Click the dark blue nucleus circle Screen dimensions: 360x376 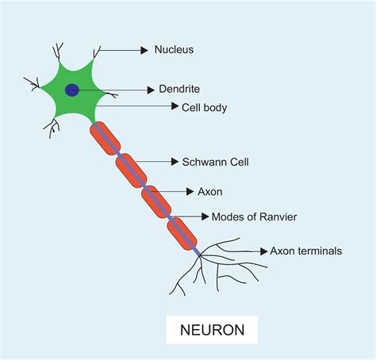[72, 90]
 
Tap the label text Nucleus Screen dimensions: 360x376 [175, 50]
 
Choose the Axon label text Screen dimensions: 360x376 [210, 191]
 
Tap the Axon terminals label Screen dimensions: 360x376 [306, 251]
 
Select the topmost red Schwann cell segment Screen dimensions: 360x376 [105, 139]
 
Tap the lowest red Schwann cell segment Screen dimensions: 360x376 [182, 232]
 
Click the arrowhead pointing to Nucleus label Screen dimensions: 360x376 [144, 50]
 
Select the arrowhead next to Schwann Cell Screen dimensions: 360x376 [175, 161]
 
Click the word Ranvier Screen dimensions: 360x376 [278, 216]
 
